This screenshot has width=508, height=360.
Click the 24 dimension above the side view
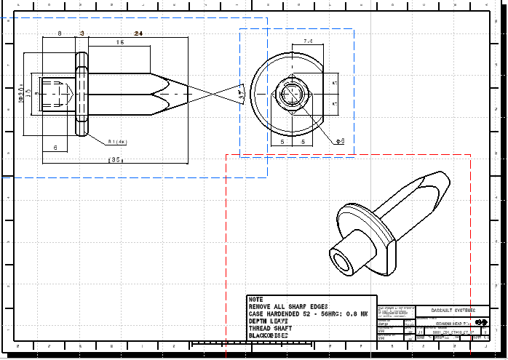pyautogui.click(x=138, y=33)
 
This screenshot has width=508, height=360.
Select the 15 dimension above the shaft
pyautogui.click(x=119, y=43)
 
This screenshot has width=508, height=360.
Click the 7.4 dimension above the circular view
pyautogui.click(x=308, y=42)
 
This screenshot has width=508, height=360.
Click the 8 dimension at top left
pyautogui.click(x=60, y=33)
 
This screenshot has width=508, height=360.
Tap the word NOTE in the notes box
pyautogui.click(x=255, y=299)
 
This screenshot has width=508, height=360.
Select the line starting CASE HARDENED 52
pyautogui.click(x=307, y=313)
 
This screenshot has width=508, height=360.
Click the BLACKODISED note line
pyautogui.click(x=269, y=336)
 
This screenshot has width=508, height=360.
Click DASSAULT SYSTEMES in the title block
pyautogui.click(x=452, y=309)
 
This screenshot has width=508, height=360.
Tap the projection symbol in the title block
pyautogui.click(x=480, y=321)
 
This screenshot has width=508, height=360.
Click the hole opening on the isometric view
pyautogui.click(x=341, y=261)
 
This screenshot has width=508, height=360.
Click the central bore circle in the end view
pyautogui.click(x=292, y=95)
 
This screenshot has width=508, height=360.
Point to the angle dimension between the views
pyautogui.click(x=241, y=95)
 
